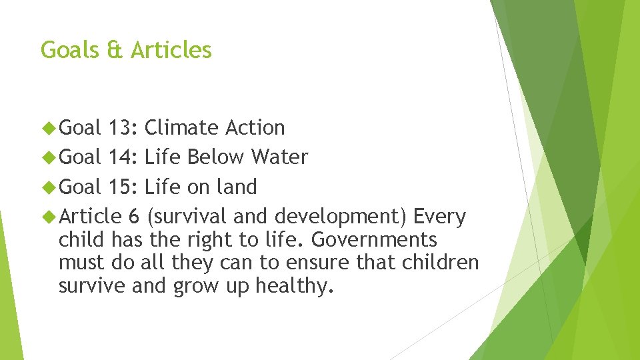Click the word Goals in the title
tap(69, 49)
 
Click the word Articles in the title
tap(171, 49)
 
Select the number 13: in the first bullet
tap(122, 127)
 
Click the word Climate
tap(181, 127)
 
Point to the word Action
tap(255, 127)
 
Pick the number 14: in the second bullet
tap(122, 157)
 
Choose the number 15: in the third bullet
tap(122, 187)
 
